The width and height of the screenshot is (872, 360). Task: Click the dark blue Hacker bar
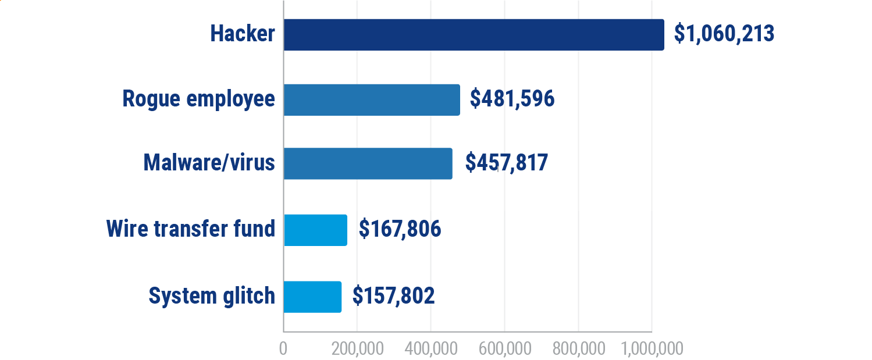click(x=474, y=35)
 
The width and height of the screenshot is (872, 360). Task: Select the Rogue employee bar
click(x=372, y=100)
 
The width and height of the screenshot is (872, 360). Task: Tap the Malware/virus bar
click(x=368, y=163)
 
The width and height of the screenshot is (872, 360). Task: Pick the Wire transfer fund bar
click(x=315, y=230)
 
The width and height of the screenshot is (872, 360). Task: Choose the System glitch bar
click(x=312, y=296)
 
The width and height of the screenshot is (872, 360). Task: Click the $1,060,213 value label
click(x=724, y=34)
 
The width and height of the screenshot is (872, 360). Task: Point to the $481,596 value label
click(x=512, y=99)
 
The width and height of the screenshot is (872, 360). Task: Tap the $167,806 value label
click(x=400, y=229)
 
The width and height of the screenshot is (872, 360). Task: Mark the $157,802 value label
click(x=394, y=296)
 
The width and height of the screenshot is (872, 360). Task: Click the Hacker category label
click(x=243, y=34)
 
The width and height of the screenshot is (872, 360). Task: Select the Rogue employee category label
click(x=198, y=99)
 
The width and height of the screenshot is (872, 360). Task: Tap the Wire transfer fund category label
click(x=191, y=229)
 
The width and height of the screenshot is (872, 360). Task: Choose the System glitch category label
click(x=212, y=296)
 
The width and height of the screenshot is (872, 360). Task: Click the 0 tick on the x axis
click(x=283, y=348)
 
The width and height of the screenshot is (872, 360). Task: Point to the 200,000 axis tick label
click(x=357, y=348)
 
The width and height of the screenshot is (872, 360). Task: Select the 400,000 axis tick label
click(x=430, y=348)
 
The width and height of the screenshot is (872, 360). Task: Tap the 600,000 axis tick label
click(x=504, y=348)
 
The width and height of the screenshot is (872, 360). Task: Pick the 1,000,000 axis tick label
click(x=652, y=348)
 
